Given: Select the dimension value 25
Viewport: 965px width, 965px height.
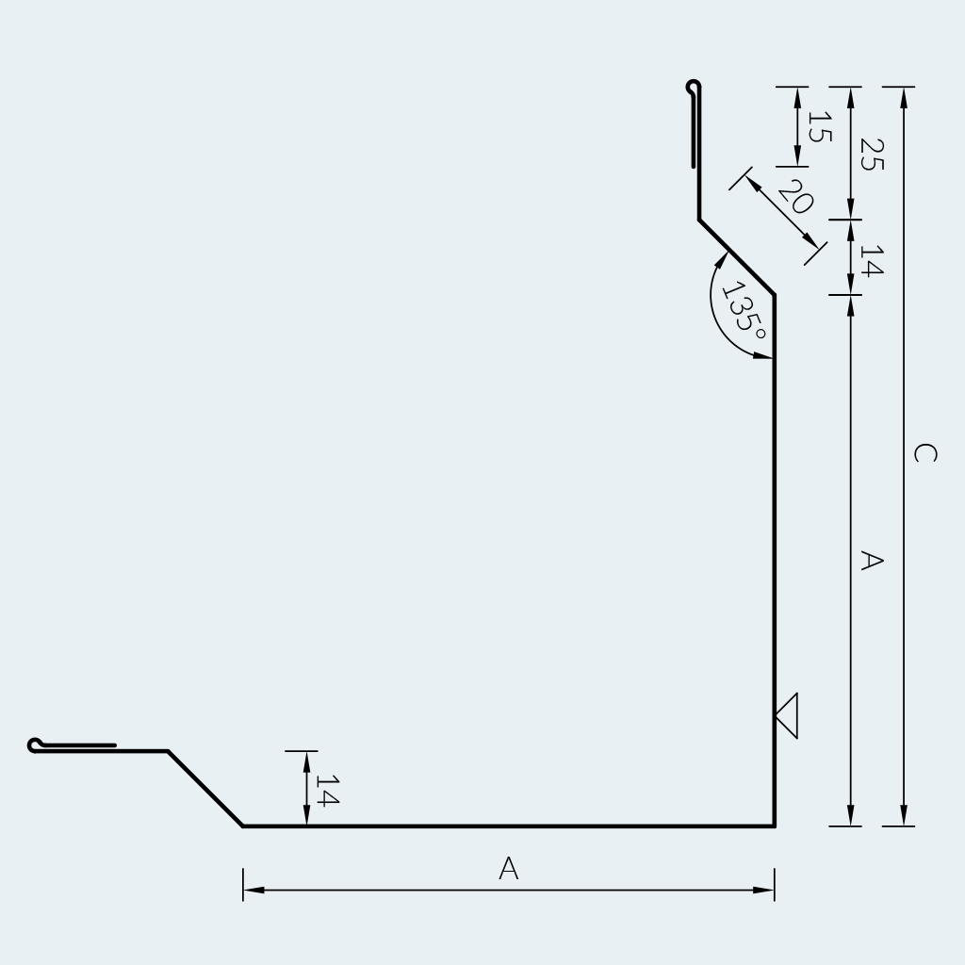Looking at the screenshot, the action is [x=872, y=155].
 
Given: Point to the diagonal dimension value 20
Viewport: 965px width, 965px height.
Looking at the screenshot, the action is [x=795, y=196].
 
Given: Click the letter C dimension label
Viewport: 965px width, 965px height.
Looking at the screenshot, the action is [x=925, y=453].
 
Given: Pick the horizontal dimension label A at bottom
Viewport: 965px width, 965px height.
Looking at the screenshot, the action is [x=508, y=868].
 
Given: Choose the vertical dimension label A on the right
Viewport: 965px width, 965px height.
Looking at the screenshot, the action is [x=872, y=561].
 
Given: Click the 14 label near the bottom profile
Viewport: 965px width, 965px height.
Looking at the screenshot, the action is [x=327, y=791].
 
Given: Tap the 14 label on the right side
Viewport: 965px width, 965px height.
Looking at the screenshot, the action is [x=872, y=260].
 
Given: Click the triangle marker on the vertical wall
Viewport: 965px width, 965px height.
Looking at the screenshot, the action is [x=787, y=716].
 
